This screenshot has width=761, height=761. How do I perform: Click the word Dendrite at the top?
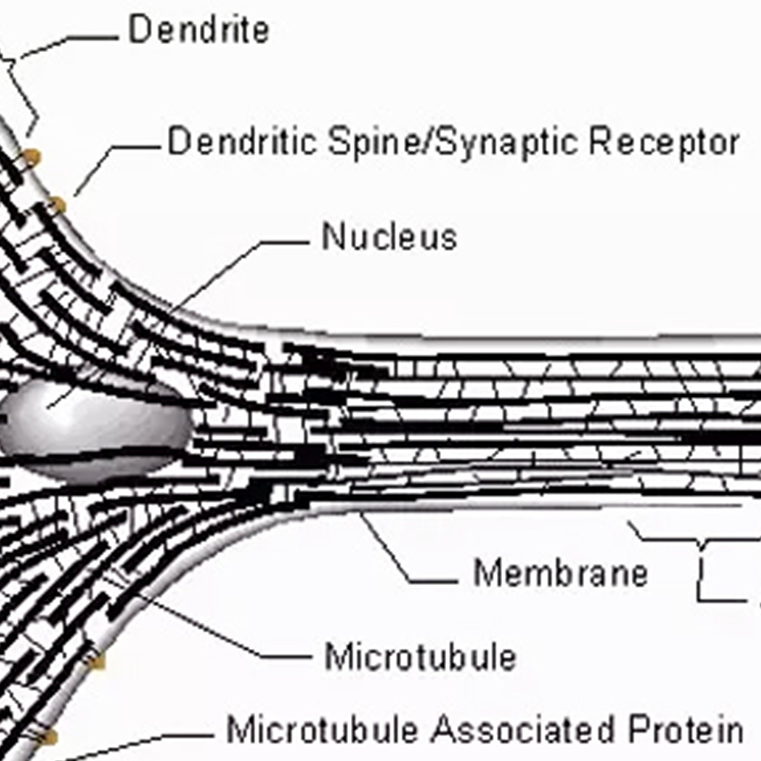click(x=199, y=30)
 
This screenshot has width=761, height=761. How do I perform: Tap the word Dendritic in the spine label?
click(x=242, y=141)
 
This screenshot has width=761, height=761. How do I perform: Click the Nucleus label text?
click(x=389, y=237)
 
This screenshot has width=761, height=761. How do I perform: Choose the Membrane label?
click(x=560, y=573)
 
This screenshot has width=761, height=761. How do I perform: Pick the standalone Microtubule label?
click(x=420, y=657)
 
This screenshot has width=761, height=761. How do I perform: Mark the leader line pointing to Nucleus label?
click(x=280, y=242)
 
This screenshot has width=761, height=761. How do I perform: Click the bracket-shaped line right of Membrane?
click(x=700, y=573)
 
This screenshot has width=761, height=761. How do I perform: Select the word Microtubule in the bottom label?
click(x=322, y=729)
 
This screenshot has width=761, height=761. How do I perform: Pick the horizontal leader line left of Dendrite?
click(x=89, y=38)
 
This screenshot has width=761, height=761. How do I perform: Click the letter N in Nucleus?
click(x=332, y=237)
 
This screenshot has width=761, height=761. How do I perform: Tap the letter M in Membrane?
click(x=486, y=573)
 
